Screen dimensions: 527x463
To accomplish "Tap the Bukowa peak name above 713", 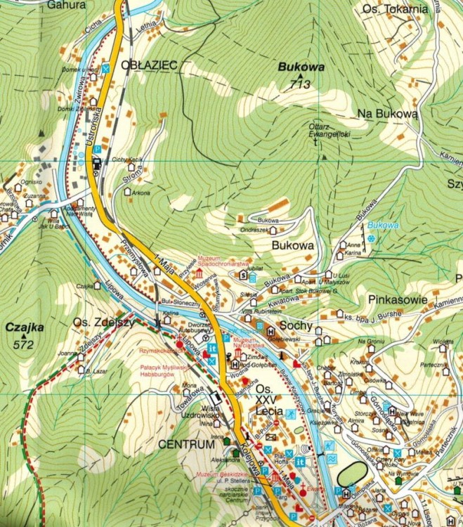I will click(301, 68).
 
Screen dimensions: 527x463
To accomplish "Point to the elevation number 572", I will click(24, 344).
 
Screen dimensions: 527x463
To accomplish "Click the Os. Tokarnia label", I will click(395, 9).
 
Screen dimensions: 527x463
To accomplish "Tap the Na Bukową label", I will click(387, 112).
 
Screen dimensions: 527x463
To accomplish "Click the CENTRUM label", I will click(185, 445).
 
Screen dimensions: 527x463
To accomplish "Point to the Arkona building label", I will click(141, 193).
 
